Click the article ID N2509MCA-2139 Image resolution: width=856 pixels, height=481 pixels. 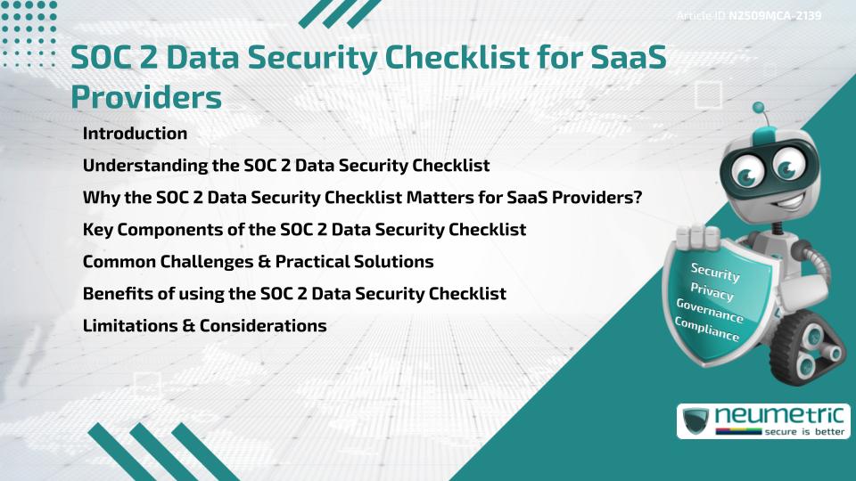tap(775, 15)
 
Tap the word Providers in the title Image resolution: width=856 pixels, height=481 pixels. tap(146, 98)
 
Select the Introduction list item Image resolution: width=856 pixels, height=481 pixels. tap(135, 133)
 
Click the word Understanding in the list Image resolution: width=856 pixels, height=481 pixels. tap(145, 166)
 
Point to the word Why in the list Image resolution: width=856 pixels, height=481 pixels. tap(102, 198)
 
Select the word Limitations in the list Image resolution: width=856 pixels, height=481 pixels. tap(130, 326)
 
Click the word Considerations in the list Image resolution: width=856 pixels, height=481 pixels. tap(263, 326)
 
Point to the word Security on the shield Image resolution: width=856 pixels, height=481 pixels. tap(715, 272)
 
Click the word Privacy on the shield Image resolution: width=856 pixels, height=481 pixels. tap(712, 292)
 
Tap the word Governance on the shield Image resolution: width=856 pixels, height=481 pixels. tap(710, 311)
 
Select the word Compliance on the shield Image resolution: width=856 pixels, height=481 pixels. tap(707, 329)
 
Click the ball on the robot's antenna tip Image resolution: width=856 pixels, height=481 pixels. tap(758, 108)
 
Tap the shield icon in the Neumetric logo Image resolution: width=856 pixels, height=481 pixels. tap(695, 421)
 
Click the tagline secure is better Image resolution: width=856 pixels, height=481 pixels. tap(804, 431)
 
